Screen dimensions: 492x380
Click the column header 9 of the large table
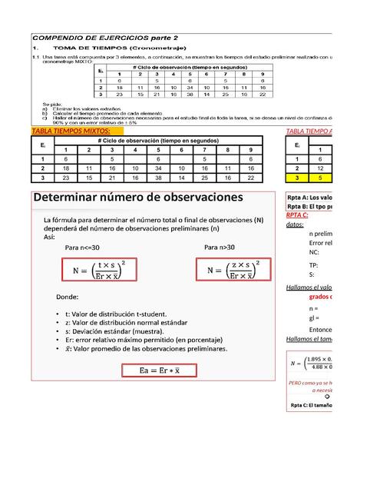coord(251,150)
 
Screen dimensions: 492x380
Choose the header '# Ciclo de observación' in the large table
coord(159,141)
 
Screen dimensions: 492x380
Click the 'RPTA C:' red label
coord(296,214)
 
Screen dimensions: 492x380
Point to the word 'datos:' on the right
coord(294,224)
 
